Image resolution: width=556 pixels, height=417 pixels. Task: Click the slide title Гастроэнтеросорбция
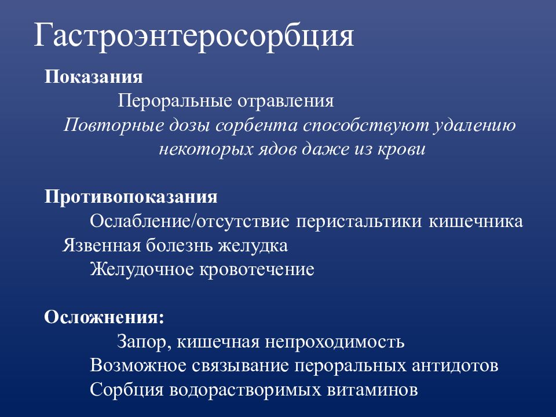pos(193,36)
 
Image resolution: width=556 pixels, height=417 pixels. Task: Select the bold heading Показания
pos(94,77)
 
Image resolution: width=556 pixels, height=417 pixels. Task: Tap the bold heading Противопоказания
pos(131,197)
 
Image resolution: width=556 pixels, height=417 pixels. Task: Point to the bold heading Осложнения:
pos(104,317)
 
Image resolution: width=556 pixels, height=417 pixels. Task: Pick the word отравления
pos(286,101)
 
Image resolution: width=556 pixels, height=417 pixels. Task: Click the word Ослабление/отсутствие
pos(191,222)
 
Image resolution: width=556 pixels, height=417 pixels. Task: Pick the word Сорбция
pos(126,390)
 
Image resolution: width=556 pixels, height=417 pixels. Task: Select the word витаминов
pos(371,390)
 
